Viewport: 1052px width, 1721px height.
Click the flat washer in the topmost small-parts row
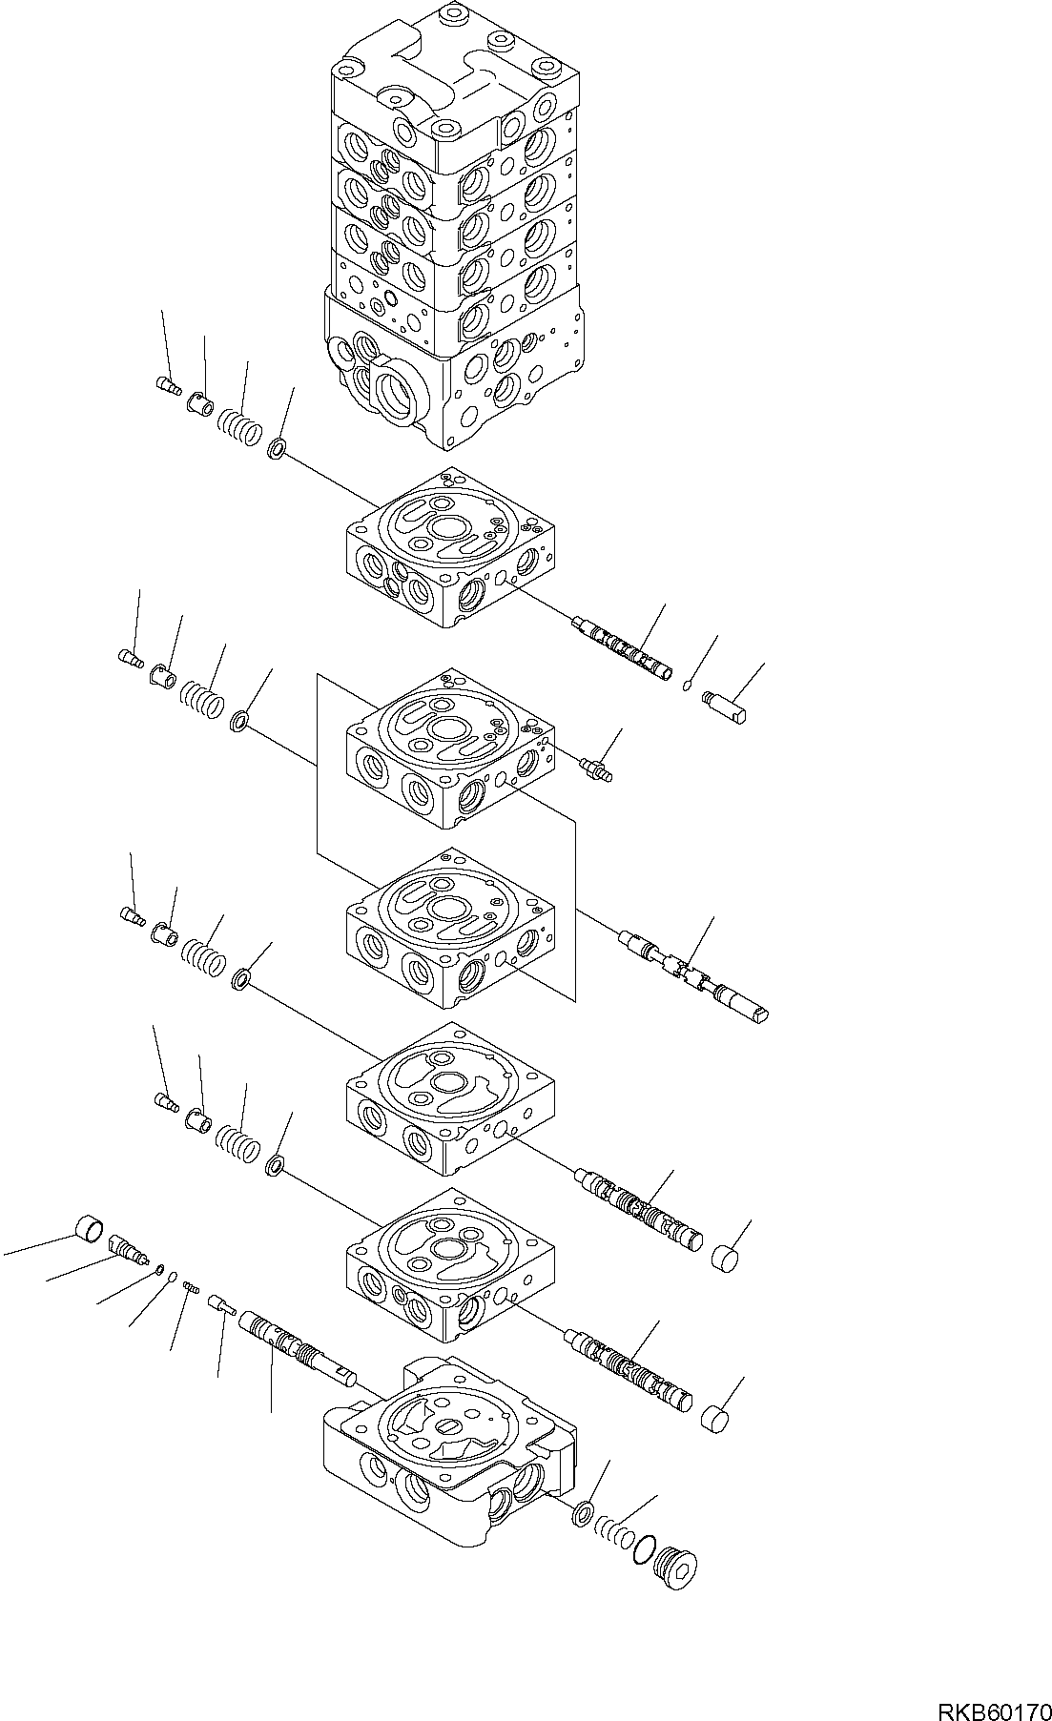[278, 448]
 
